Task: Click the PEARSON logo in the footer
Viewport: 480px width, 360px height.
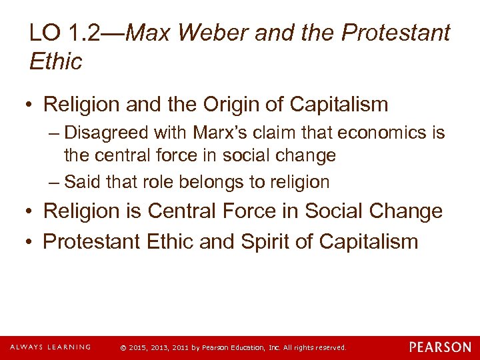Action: point(439,347)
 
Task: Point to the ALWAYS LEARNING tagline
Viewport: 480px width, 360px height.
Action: point(50,347)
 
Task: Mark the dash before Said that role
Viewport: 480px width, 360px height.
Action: point(53,181)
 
